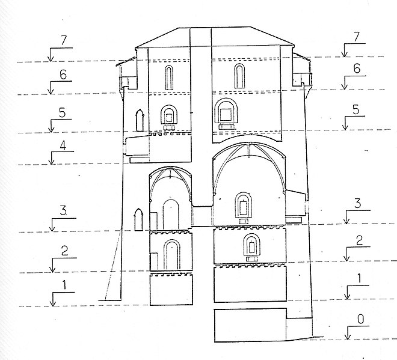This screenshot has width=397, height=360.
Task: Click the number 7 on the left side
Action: (x=63, y=40)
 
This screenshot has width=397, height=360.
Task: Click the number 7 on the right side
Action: (x=357, y=37)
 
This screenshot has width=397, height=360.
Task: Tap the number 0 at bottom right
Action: (x=360, y=319)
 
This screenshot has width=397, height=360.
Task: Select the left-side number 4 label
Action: (x=63, y=145)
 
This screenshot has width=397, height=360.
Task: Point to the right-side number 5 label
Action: (x=355, y=110)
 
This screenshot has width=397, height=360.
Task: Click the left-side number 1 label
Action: (x=64, y=285)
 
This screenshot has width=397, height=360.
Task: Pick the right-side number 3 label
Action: (x=357, y=204)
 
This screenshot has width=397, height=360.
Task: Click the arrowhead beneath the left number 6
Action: (x=51, y=91)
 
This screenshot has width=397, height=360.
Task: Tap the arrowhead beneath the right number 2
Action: (x=347, y=258)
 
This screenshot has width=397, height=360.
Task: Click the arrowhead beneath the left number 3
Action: (x=52, y=228)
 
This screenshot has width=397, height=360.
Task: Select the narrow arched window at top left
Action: (x=169, y=78)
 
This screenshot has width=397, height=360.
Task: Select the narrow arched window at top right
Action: (x=239, y=76)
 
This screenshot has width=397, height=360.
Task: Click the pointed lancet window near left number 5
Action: (x=140, y=120)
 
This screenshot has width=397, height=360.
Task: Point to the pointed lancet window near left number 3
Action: (x=138, y=219)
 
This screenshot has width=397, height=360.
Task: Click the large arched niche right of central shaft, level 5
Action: (x=226, y=112)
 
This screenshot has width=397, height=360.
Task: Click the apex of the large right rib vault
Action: (x=250, y=144)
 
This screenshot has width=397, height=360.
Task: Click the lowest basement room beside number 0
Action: (x=250, y=325)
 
